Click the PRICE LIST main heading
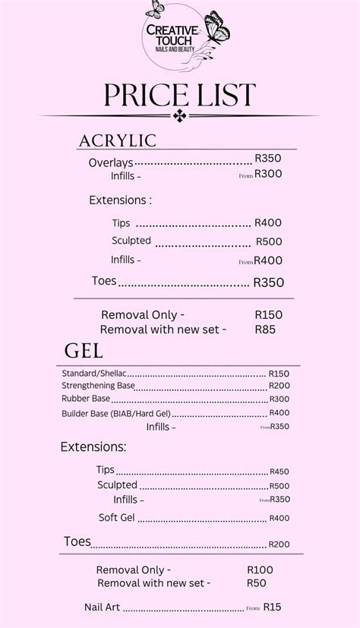[180, 96]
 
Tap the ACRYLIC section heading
[118, 140]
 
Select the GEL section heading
[84, 351]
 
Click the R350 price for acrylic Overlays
[267, 159]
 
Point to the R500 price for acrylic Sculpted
[269, 241]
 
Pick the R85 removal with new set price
[265, 330]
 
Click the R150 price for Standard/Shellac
[279, 374]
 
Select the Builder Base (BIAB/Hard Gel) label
[116, 414]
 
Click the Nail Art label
[103, 607]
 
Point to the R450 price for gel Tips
[279, 471]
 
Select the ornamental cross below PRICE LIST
[180, 115]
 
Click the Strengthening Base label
[99, 386]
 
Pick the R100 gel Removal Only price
[260, 570]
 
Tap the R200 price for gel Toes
[279, 544]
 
